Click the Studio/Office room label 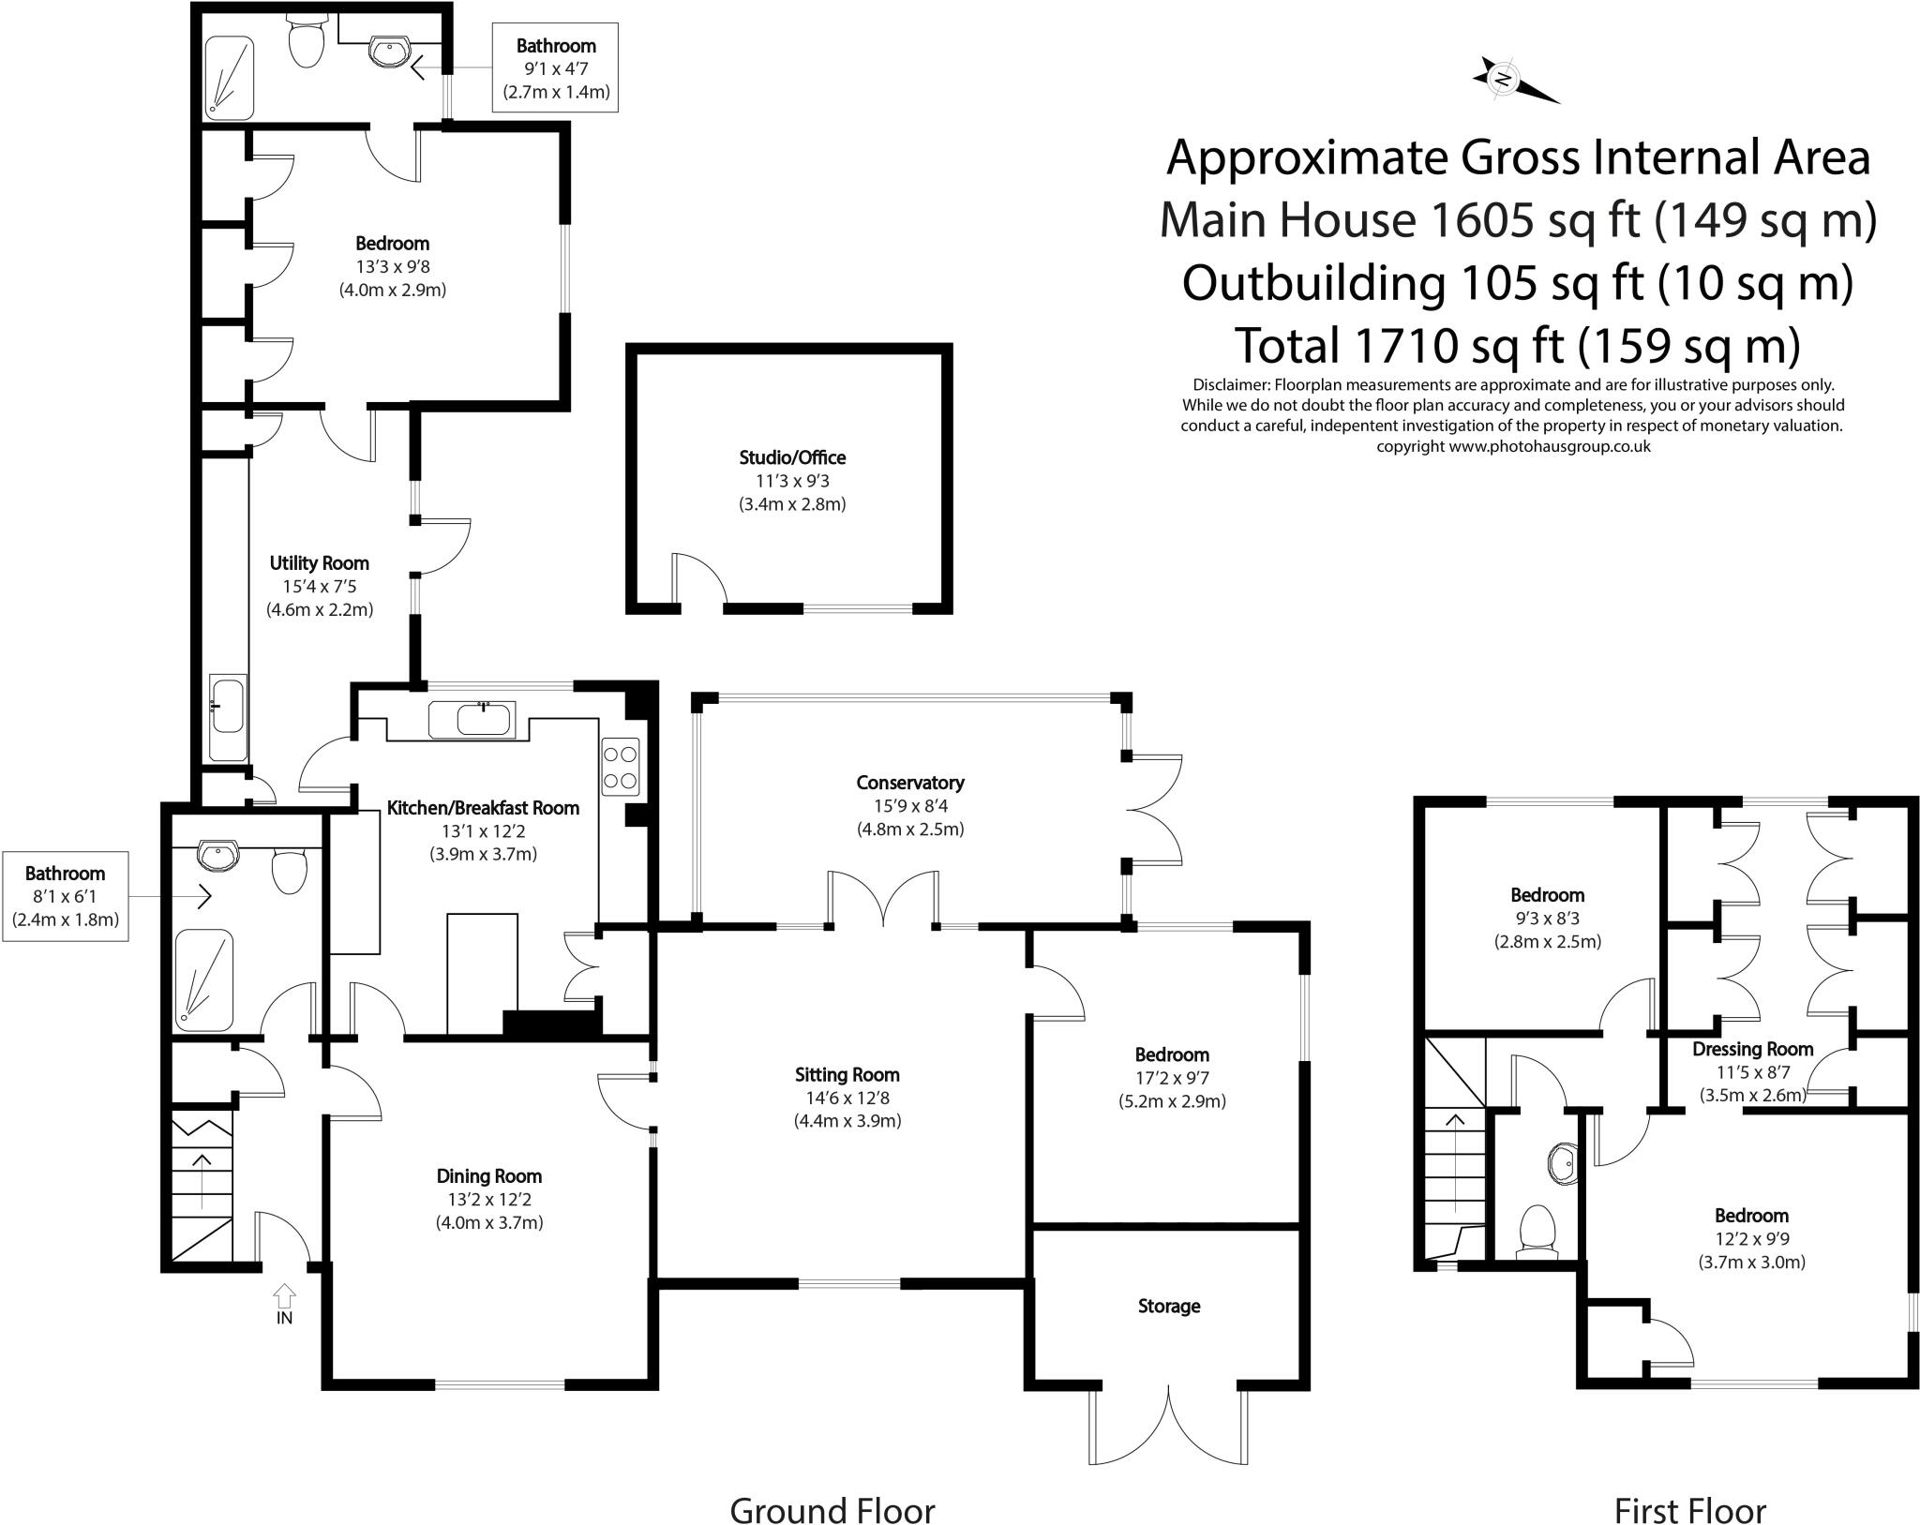pyautogui.click(x=792, y=457)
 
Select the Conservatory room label pyautogui.click(x=909, y=783)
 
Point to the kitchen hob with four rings pyautogui.click(x=621, y=767)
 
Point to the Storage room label pyautogui.click(x=1168, y=1306)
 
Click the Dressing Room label pyautogui.click(x=1752, y=1049)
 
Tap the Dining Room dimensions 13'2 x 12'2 pyautogui.click(x=488, y=1199)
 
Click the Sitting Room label pyautogui.click(x=847, y=1075)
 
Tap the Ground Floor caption pyautogui.click(x=832, y=1485)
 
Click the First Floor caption pyautogui.click(x=1689, y=1485)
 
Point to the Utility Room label pyautogui.click(x=319, y=563)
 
